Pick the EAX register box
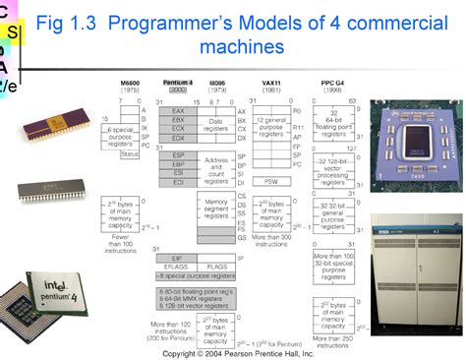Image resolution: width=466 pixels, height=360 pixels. pos(177,112)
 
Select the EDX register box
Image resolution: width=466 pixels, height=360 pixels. pos(177,139)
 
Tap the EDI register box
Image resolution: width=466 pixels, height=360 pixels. pos(177,181)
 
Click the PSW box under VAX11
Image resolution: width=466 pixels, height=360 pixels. pos(269,182)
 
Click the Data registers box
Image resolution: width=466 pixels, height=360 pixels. pos(214,125)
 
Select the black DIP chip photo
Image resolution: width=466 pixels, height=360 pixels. pos(61,188)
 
